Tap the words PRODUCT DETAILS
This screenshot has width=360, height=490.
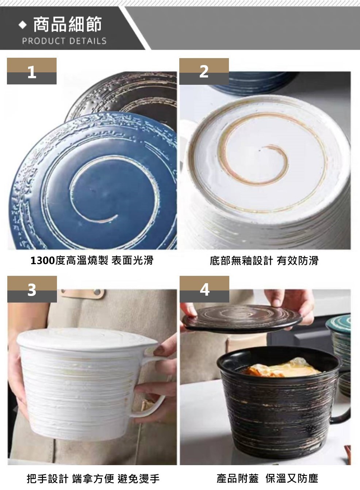coord(64,41)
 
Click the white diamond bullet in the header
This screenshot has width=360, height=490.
coord(23,25)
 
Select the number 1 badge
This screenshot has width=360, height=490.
coord(32,71)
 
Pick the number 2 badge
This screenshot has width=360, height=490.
coord(204,71)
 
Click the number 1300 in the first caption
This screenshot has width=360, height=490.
coord(42,260)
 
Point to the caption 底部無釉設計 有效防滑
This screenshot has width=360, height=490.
coord(264,260)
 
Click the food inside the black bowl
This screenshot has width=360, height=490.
coord(282,368)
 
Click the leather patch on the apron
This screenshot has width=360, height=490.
coord(82,294)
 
